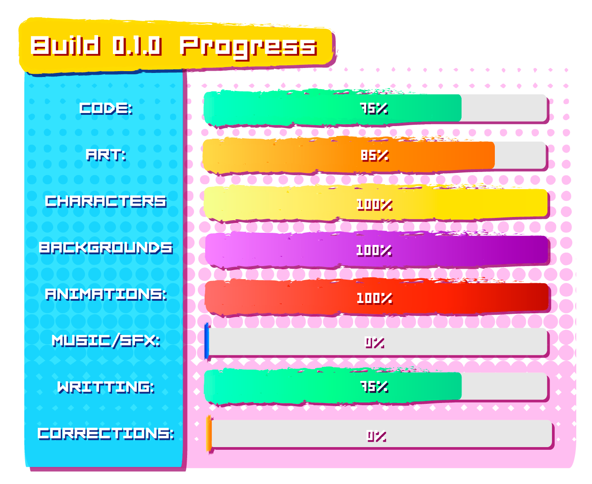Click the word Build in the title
click(65, 45)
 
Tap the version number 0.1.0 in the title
click(137, 46)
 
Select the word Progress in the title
click(248, 48)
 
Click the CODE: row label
click(106, 108)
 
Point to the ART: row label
click(106, 155)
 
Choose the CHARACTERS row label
click(106, 201)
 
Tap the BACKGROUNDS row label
click(106, 248)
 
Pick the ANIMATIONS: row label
click(106, 294)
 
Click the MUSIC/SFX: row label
click(106, 341)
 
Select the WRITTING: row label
click(106, 387)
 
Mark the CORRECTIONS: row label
click(106, 434)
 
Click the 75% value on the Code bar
click(374, 109)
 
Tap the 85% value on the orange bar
click(375, 155)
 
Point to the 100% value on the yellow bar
click(374, 204)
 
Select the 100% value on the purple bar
click(374, 250)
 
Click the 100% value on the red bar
click(374, 298)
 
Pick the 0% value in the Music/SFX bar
click(374, 343)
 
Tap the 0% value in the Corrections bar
click(377, 436)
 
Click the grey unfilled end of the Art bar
click(520, 155)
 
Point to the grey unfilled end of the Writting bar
click(504, 386)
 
